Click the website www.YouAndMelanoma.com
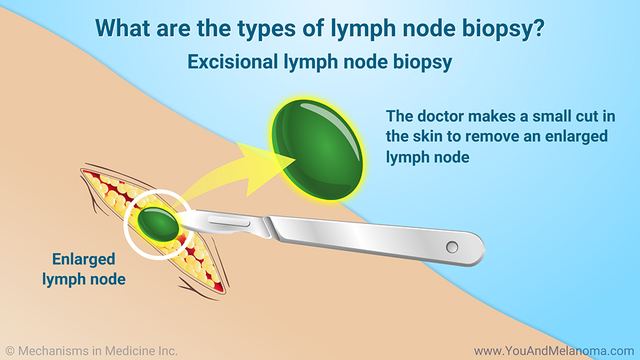click(x=554, y=351)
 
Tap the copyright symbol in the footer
click(x=10, y=351)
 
